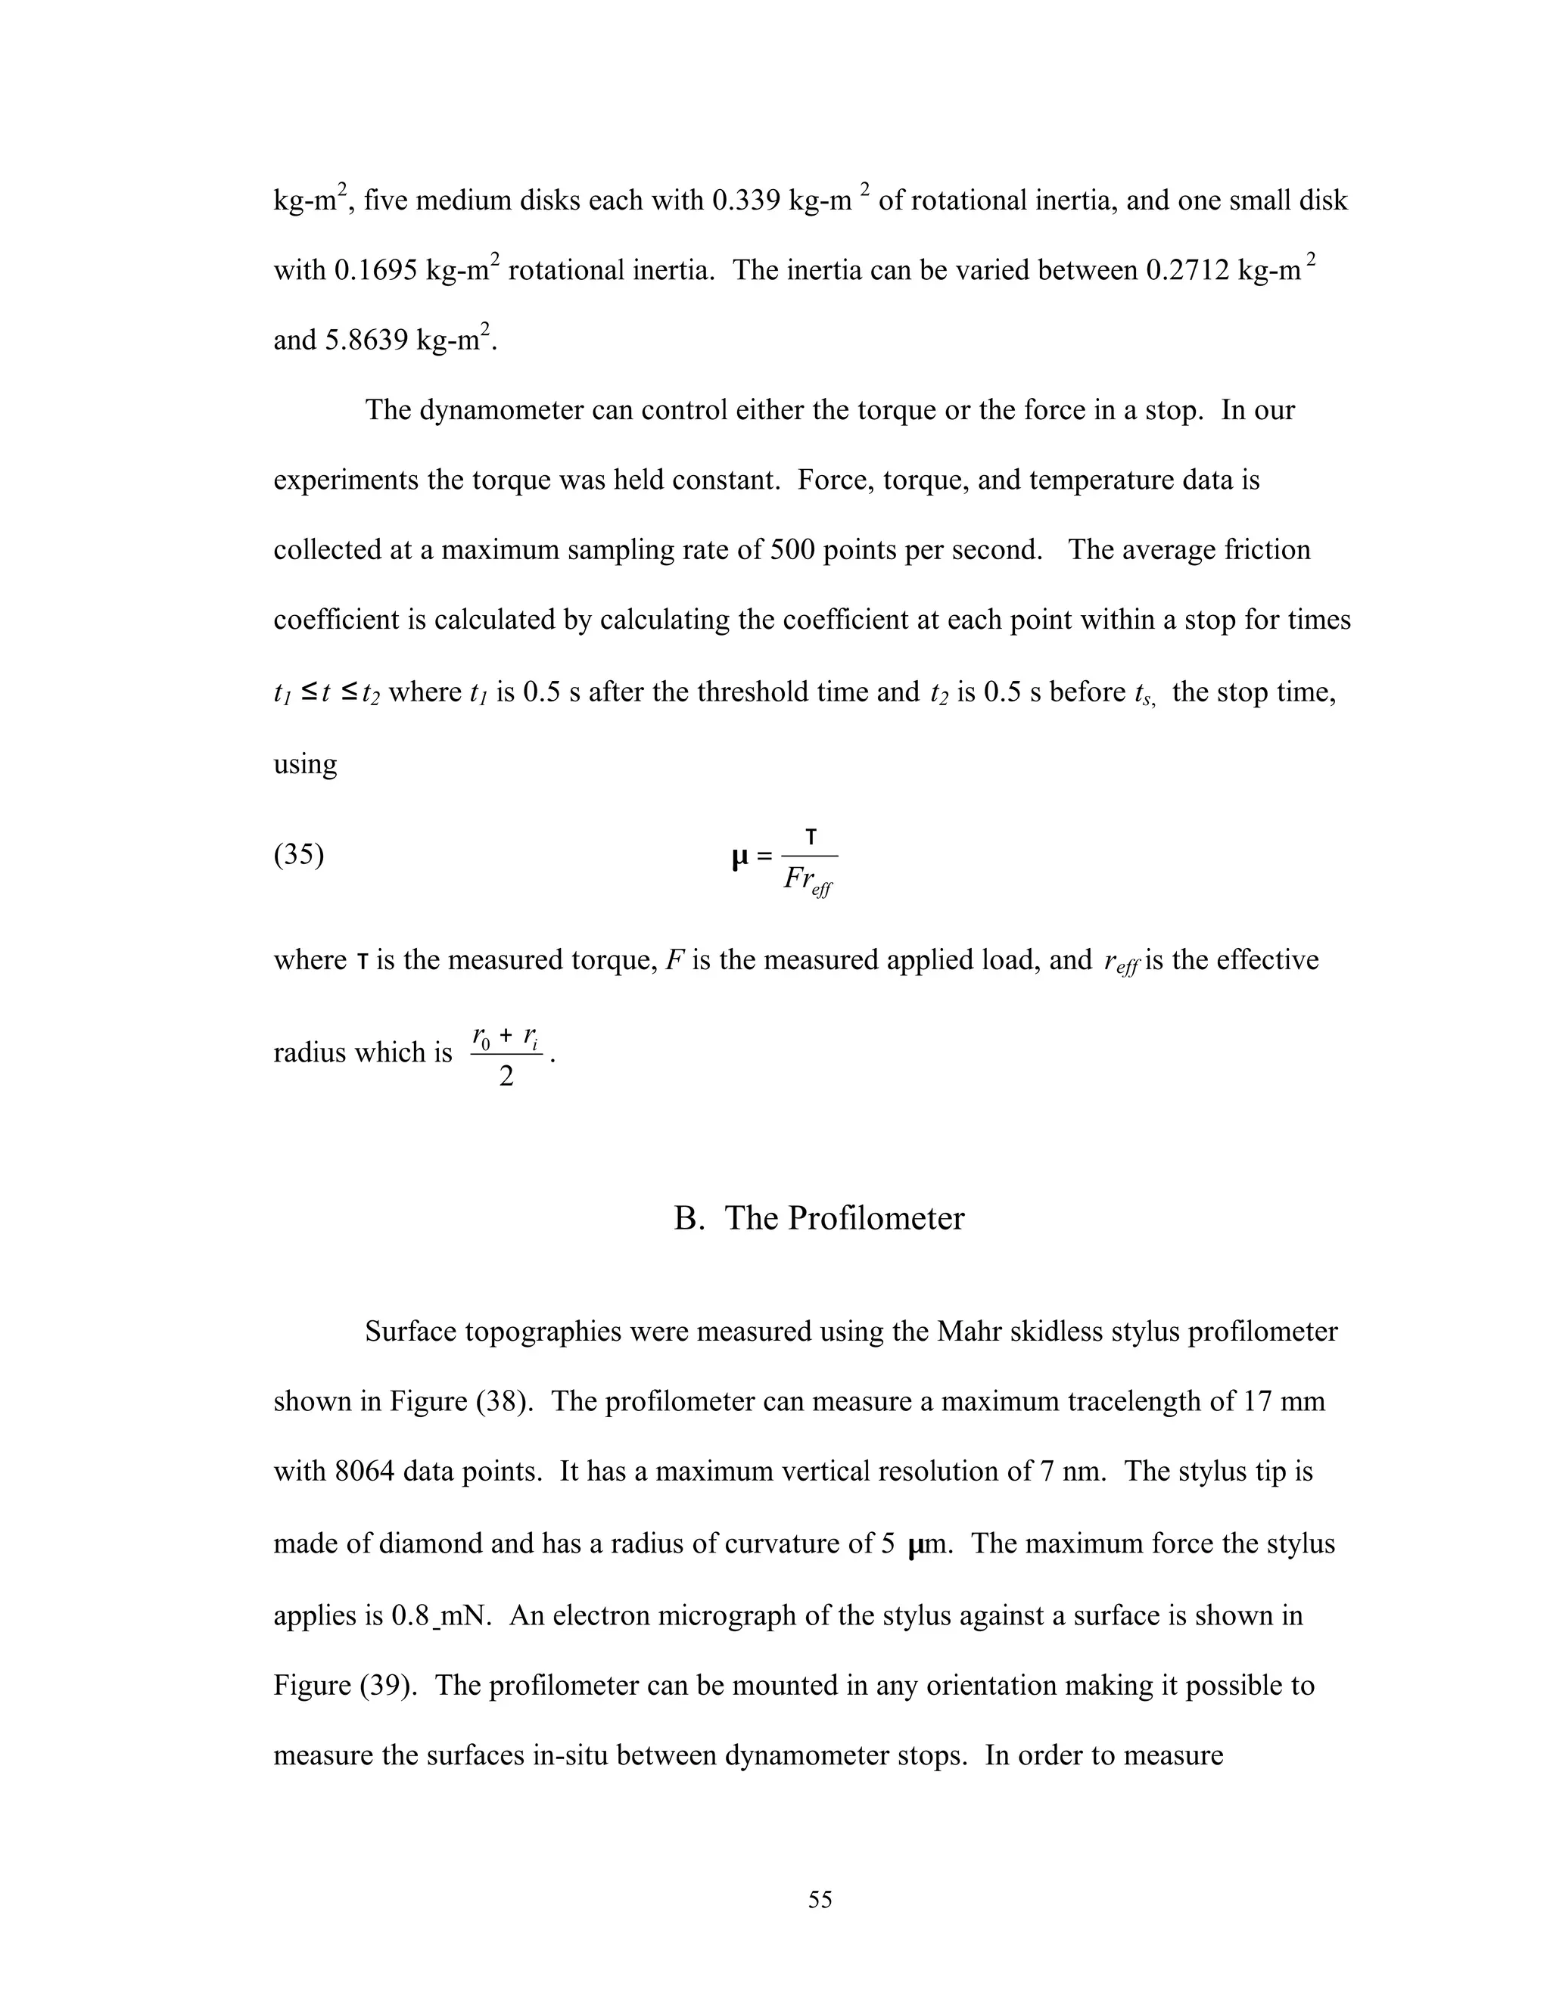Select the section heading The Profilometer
click(819, 1218)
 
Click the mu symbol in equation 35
click(740, 857)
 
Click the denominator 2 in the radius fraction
click(506, 1076)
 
